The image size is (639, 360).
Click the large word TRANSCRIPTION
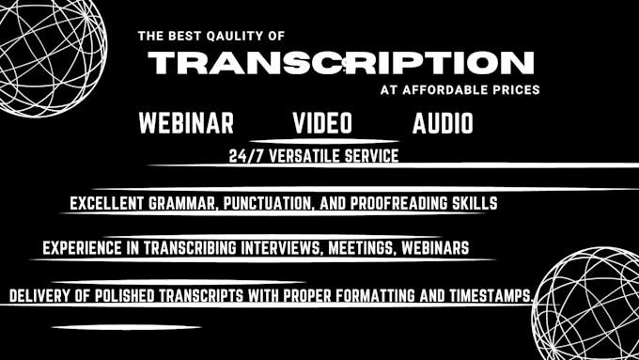click(x=342, y=64)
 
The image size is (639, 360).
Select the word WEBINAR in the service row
click(x=186, y=123)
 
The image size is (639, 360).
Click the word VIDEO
click(x=322, y=123)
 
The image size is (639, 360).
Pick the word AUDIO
click(x=443, y=123)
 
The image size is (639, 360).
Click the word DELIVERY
click(x=39, y=295)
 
